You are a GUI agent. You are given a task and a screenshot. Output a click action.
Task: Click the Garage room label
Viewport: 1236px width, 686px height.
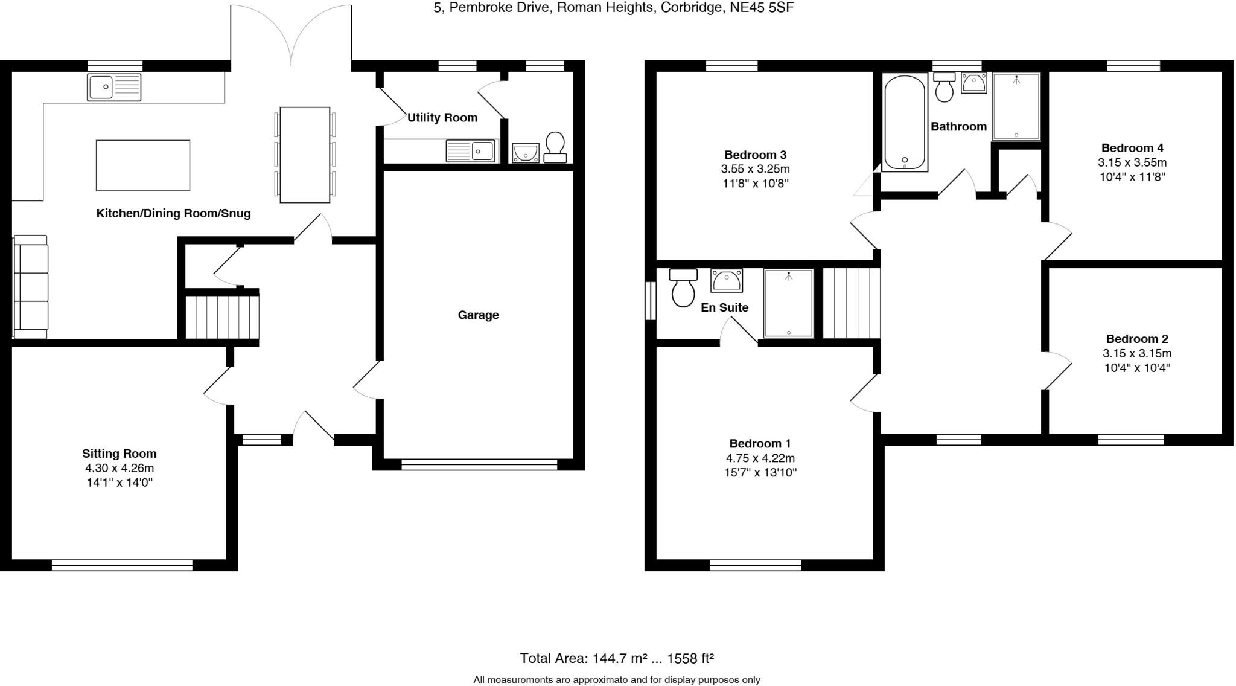pos(478,315)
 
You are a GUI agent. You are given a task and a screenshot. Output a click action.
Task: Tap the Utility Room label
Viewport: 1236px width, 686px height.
pos(442,118)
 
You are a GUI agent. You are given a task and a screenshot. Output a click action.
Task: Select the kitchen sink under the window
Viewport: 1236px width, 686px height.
pos(114,87)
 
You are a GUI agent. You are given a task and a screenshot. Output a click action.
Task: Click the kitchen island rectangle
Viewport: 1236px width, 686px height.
pos(143,165)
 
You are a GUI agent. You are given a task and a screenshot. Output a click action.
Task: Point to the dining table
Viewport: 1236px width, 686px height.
pos(305,155)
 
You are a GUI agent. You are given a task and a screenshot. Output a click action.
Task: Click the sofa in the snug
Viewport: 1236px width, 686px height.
pos(31,286)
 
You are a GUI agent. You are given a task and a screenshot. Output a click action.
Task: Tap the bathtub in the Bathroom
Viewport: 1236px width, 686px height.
pos(904,122)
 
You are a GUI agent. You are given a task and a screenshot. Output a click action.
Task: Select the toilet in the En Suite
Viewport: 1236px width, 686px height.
pos(683,288)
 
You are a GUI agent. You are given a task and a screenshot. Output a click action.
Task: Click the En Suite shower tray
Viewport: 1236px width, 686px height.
pos(788,303)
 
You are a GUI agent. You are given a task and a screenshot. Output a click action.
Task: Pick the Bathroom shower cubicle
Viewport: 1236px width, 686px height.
pos(1016,106)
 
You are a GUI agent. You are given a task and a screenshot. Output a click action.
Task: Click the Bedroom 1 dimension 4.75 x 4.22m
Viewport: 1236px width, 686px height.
pos(760,458)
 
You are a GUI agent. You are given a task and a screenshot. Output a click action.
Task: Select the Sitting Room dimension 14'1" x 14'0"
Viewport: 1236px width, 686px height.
pos(119,482)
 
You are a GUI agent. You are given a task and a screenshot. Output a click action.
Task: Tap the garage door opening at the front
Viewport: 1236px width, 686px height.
pos(479,464)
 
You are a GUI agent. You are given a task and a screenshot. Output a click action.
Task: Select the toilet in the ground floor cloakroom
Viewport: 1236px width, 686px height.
pos(555,147)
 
